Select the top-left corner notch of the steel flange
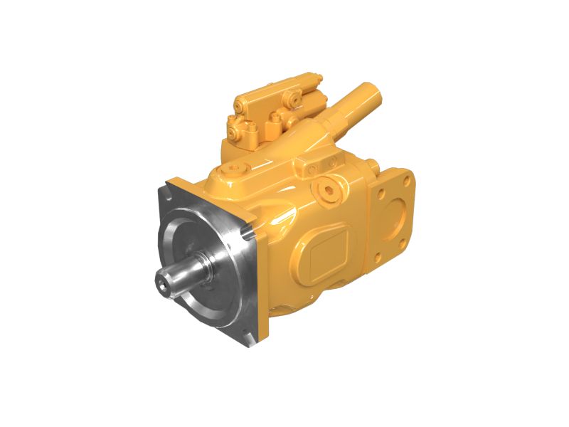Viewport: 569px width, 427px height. tap(171, 186)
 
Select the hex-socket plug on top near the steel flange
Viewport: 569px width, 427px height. tap(235, 171)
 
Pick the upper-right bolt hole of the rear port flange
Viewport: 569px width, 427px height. tap(407, 175)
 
